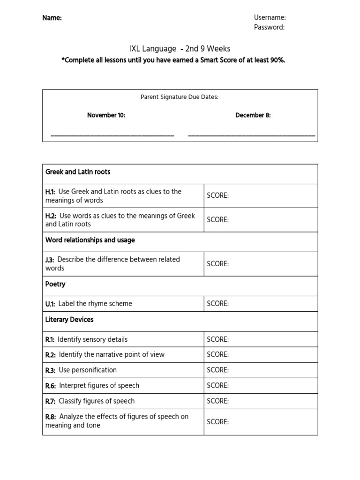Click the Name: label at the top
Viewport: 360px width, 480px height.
(x=52, y=18)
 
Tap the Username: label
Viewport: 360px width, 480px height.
(x=270, y=17)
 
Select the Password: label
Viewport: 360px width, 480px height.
(x=269, y=27)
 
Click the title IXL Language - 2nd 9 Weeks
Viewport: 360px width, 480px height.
(x=180, y=49)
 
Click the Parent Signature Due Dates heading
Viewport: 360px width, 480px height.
(x=180, y=97)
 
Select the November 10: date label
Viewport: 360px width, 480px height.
(x=106, y=115)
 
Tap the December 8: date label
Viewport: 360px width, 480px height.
(x=253, y=115)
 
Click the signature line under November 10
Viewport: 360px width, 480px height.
(x=112, y=136)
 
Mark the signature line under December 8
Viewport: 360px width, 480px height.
(x=251, y=136)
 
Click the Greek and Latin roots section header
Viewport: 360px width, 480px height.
(x=78, y=172)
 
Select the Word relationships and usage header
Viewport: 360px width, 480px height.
(x=90, y=240)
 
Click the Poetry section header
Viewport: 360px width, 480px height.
(x=55, y=284)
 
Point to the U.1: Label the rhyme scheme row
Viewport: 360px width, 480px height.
(x=89, y=304)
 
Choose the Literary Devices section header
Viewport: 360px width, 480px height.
(x=69, y=320)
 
